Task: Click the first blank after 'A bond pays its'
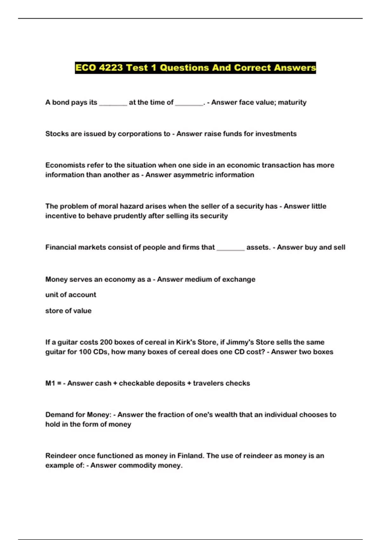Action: pos(113,103)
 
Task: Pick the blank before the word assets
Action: pos(231,248)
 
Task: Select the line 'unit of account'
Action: pos(71,295)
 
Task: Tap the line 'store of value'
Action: pos(68,311)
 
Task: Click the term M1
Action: pos(50,383)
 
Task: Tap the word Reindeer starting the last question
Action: pos(61,456)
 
